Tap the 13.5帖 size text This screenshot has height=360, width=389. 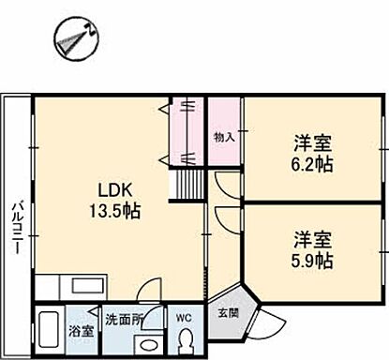[x=113, y=211]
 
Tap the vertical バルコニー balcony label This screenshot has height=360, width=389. [x=17, y=226]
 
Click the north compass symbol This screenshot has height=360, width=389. [x=70, y=38]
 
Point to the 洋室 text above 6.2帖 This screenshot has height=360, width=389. [x=311, y=143]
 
